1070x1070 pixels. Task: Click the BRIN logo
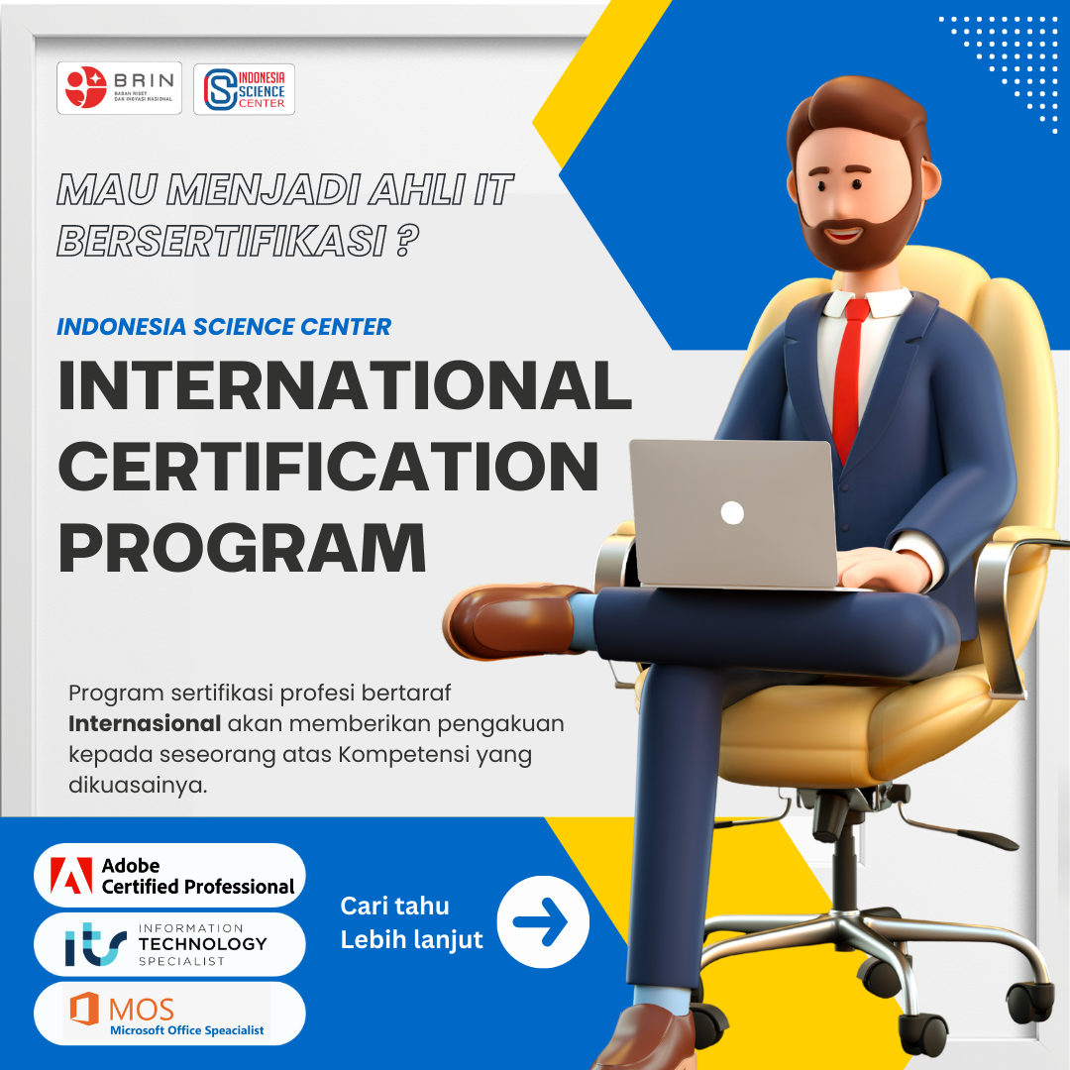119,88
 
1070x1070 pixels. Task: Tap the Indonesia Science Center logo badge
244,89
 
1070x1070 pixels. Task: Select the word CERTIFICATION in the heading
328,467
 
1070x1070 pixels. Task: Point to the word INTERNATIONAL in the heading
345,387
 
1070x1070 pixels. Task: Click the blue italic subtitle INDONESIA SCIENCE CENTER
224,326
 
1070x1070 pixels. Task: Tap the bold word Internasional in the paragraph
145,723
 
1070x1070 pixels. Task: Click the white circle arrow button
543,922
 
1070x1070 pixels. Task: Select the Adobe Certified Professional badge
169,876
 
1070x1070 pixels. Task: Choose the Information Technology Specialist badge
169,944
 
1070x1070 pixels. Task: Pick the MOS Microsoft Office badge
169,1014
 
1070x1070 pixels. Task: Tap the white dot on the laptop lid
732,512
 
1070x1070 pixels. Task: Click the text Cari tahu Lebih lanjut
411,922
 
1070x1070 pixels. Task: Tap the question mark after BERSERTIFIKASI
402,240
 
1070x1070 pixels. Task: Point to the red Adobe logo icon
71,876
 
